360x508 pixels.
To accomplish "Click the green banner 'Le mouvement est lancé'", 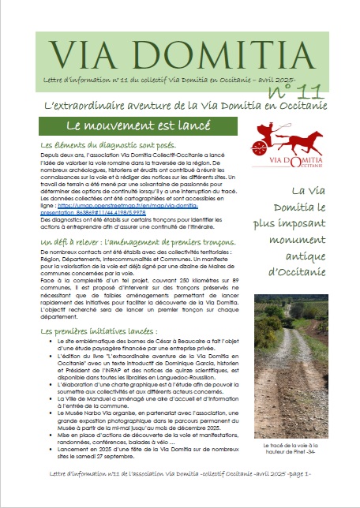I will coord(131,125).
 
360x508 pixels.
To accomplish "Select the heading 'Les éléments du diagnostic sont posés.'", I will coord(112,146).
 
